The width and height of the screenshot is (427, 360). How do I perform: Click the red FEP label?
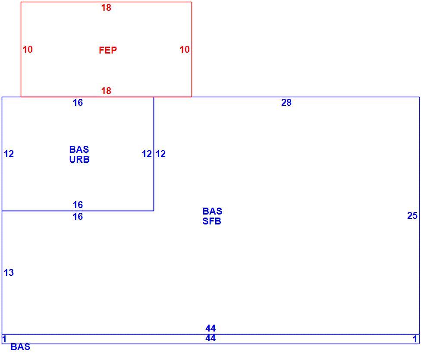108,50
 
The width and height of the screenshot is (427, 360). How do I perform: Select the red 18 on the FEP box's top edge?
106,8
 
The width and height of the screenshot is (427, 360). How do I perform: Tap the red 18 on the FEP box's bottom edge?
106,91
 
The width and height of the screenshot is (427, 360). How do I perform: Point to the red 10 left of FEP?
28,49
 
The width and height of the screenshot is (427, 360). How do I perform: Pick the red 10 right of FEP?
185,49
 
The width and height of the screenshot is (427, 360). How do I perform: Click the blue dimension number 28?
286,102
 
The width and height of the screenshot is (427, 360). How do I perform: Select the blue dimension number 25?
412,215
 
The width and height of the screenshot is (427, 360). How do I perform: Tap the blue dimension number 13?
9,272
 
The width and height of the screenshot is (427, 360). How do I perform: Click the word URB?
79,159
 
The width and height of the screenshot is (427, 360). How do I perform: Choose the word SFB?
212,221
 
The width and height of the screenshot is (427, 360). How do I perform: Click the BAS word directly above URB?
79,149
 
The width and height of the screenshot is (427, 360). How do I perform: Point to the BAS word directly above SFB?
212,211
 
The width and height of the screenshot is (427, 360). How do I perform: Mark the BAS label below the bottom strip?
20,347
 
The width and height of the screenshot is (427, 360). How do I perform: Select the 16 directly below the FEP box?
78,102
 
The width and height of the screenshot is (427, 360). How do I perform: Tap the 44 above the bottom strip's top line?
210,328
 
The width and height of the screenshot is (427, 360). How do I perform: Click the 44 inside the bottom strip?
210,338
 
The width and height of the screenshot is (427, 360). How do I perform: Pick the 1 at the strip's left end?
4,339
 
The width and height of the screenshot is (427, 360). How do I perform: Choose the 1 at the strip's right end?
415,339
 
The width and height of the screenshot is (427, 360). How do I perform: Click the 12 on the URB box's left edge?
9,154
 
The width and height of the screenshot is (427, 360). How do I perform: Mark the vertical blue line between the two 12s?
154,154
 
